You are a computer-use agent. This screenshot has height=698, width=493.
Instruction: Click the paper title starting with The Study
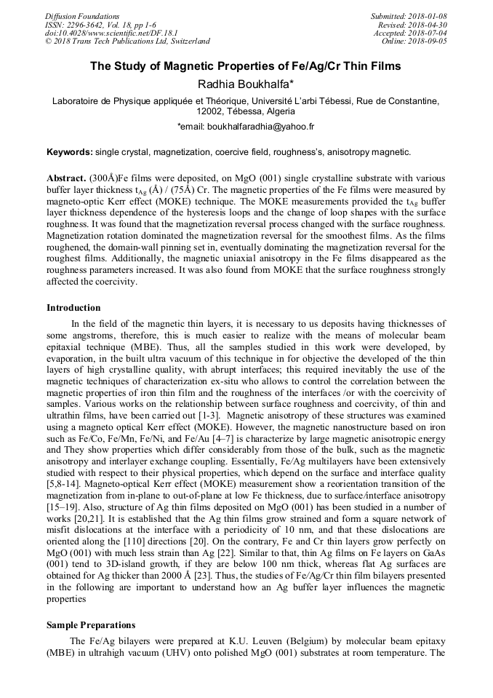(246, 66)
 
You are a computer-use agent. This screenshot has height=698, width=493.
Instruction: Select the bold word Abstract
(66, 178)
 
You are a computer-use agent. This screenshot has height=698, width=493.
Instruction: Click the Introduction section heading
(73, 308)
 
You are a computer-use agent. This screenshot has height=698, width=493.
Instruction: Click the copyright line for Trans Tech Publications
(127, 41)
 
